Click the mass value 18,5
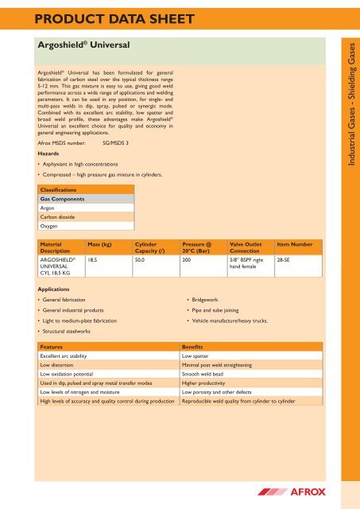point(93,259)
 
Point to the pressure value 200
point(187,259)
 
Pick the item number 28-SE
point(284,259)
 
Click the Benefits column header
point(194,348)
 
